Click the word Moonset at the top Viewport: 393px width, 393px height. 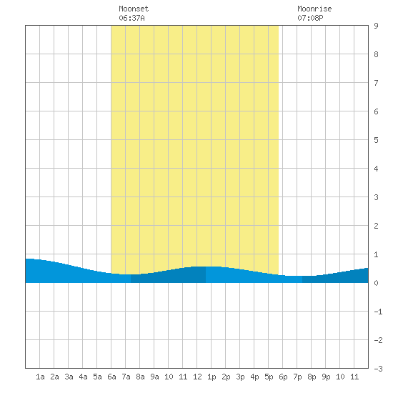(134, 9)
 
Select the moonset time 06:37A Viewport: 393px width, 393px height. (131, 18)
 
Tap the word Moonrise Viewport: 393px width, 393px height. (314, 9)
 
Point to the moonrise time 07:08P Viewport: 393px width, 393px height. (310, 18)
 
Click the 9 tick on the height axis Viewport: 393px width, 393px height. (376, 26)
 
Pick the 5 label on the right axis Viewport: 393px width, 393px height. (376, 140)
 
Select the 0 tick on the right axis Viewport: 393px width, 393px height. (376, 283)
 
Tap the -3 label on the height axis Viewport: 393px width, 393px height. (378, 369)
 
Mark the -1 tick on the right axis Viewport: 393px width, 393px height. (378, 312)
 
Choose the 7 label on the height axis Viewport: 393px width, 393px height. (376, 83)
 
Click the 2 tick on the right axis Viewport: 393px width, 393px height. (376, 226)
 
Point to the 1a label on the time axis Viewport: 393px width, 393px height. (40, 377)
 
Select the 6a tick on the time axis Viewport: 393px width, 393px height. (111, 377)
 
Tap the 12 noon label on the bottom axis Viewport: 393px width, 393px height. (197, 377)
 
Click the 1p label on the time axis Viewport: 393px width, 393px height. (212, 377)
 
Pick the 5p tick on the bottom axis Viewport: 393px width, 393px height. (269, 377)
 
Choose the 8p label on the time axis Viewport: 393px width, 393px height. (312, 377)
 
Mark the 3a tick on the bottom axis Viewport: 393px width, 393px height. (69, 377)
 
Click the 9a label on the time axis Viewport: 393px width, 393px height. (154, 377)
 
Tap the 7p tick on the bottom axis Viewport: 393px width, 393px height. (297, 377)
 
